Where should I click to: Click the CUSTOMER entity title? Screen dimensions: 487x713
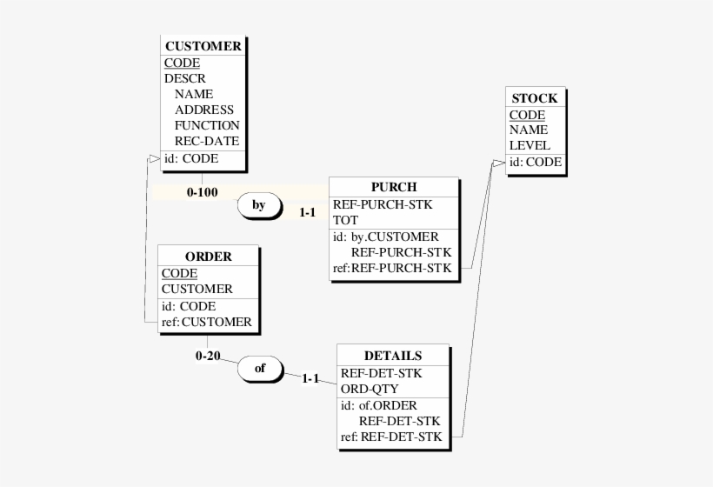pos(203,46)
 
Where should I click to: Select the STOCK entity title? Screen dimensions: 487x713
pos(535,98)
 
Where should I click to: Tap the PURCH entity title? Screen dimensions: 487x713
pos(393,187)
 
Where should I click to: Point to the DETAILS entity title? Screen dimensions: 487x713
pos(393,356)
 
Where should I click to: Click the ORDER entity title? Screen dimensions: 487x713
pos(209,257)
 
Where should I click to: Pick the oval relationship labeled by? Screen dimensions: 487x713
pos(258,206)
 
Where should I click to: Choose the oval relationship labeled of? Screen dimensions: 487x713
pos(259,369)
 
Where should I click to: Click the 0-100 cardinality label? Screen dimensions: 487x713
pos(202,191)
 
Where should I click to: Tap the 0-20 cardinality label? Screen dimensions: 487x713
pos(208,356)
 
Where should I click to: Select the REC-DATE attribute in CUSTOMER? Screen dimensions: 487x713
pos(206,141)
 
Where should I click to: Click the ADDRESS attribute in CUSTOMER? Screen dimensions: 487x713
pos(203,110)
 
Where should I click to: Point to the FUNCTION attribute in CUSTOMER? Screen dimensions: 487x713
pos(206,125)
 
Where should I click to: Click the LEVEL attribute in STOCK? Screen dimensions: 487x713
pos(530,145)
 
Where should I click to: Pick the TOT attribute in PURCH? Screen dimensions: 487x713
pos(345,220)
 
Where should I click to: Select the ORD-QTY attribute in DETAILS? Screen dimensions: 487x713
pos(370,389)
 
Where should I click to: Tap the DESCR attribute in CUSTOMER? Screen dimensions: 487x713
pos(184,78)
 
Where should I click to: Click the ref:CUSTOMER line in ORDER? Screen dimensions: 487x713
pos(207,322)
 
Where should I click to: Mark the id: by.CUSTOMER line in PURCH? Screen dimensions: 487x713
pos(385,237)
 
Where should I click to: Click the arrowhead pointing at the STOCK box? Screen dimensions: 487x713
pos(497,163)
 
